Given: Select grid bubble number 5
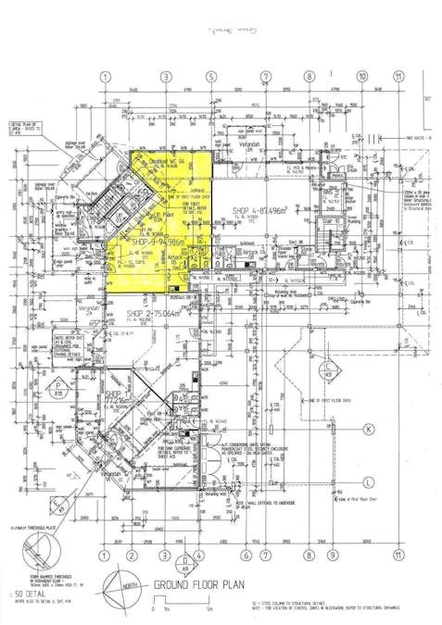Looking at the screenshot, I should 211,77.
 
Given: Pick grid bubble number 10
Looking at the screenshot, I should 361,77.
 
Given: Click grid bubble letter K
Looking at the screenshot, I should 368,429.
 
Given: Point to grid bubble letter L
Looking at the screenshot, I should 368,481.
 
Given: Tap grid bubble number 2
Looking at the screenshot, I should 131,556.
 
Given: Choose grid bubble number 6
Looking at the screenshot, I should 246,556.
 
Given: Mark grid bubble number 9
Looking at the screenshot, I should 332,556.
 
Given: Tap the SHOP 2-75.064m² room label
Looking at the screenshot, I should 157,314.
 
